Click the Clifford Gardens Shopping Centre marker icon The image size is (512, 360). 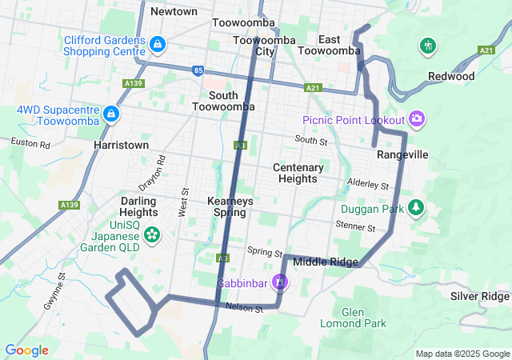tap(158, 43)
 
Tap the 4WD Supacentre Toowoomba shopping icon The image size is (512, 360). tap(112, 114)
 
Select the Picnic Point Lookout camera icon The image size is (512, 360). tap(416, 120)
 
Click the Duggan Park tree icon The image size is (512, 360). tap(415, 208)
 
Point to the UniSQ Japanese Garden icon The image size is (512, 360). tap(152, 235)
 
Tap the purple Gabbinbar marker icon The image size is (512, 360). tap(279, 282)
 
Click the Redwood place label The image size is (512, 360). tap(450, 77)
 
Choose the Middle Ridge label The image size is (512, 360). tap(326, 262)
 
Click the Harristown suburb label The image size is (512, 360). tap(121, 146)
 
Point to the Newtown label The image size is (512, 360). tap(174, 11)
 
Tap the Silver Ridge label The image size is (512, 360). tap(479, 296)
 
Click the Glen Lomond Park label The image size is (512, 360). tap(353, 318)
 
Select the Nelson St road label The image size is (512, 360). tap(244, 307)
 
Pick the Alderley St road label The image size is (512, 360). tap(368, 184)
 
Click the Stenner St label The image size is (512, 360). tap(356, 226)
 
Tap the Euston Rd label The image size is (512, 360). tap(30, 143)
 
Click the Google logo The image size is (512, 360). tap(26, 350)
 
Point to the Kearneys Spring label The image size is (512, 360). tap(230, 206)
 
